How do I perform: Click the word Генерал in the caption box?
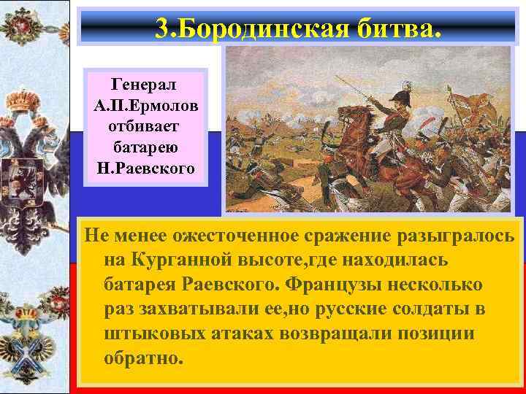pos(146,82)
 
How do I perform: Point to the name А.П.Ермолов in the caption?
pos(146,104)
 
